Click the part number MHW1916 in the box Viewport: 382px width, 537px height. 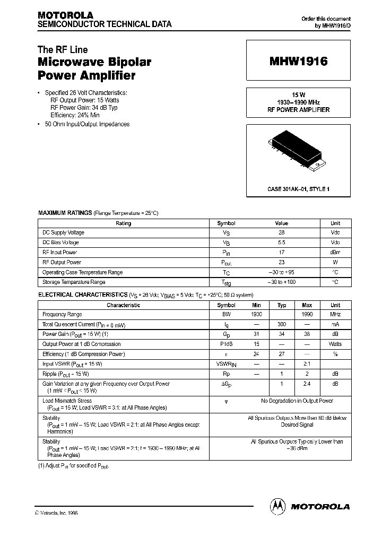[298, 62]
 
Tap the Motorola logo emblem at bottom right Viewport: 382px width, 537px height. [277, 506]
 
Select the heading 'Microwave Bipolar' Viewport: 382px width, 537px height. [94, 62]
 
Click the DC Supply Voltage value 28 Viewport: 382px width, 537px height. [281, 233]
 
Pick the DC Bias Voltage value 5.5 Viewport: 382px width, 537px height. [281, 242]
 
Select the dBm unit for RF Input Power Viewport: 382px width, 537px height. [335, 253]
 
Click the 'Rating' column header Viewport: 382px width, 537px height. [123, 223]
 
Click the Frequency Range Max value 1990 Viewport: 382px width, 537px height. [307, 315]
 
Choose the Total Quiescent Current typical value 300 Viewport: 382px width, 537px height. [282, 324]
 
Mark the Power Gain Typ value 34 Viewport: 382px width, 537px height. [282, 334]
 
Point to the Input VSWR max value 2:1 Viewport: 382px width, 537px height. [307, 364]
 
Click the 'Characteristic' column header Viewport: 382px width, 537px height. [123, 305]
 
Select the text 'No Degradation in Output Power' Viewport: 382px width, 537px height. [297, 401]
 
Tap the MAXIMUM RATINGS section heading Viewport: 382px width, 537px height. [65, 213]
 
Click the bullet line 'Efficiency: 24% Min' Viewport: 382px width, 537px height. [75, 115]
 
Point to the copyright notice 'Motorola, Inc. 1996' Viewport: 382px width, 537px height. [57, 513]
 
